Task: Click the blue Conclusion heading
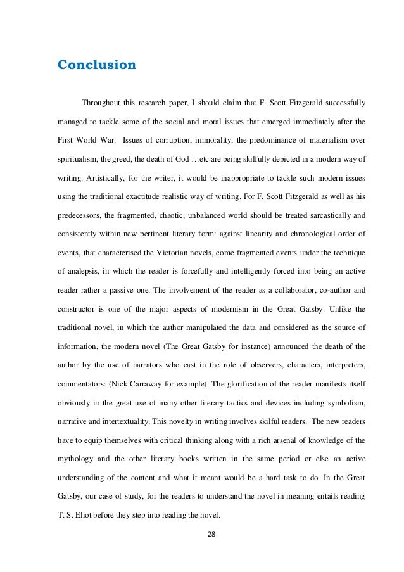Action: pyautogui.click(x=96, y=65)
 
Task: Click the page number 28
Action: pyautogui.click(x=202, y=541)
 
